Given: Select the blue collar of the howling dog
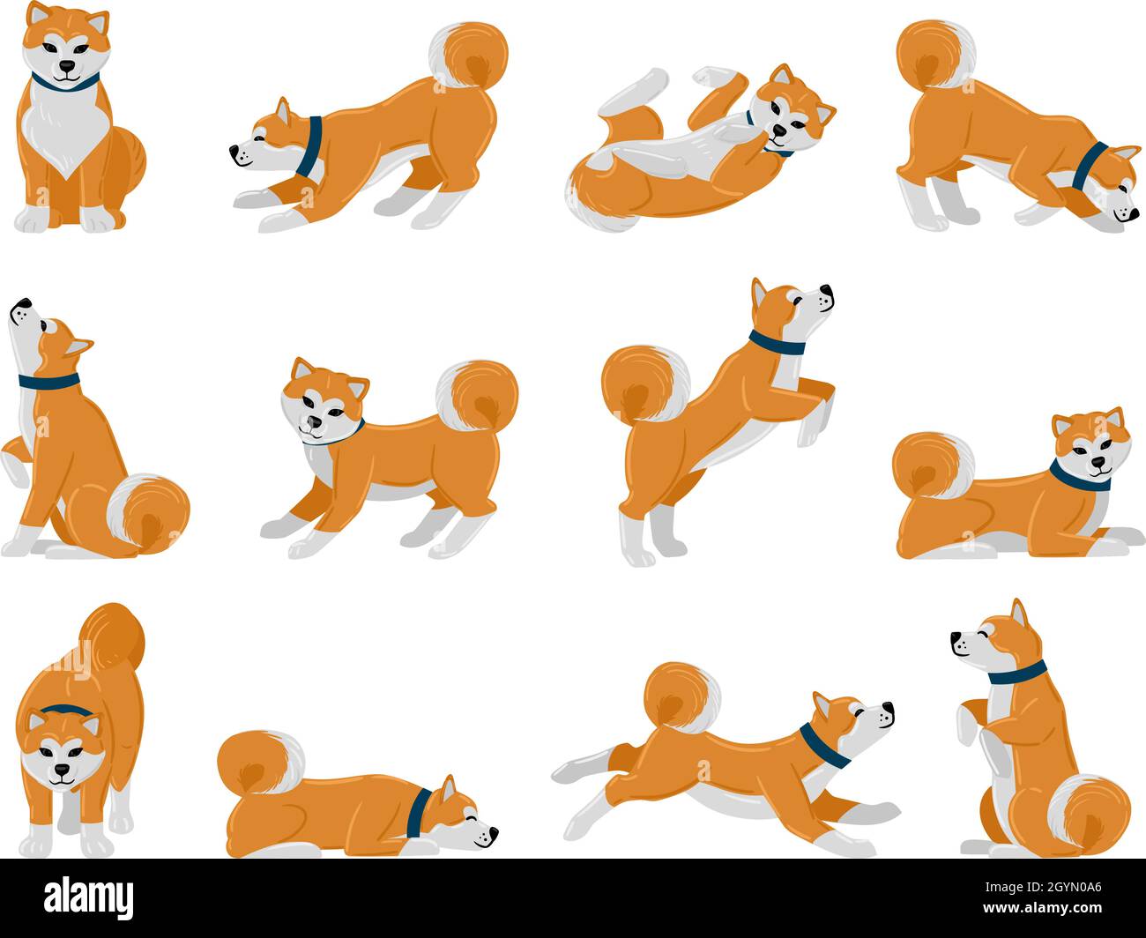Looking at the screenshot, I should (x=48, y=382).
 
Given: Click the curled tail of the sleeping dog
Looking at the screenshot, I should (x=259, y=763).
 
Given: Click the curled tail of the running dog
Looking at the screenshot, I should (x=681, y=697).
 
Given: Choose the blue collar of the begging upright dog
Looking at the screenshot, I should (x=1016, y=674).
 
